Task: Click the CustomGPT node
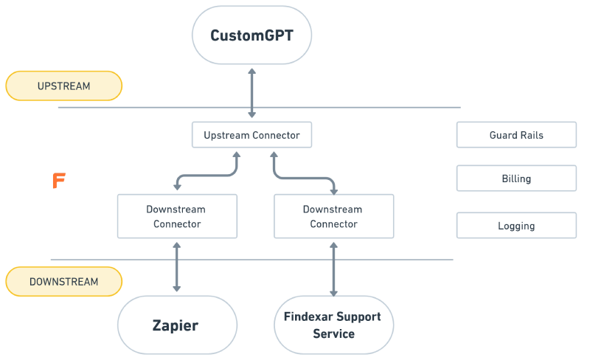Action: coord(251,35)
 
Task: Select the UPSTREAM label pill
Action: coord(63,86)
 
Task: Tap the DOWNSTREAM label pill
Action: coord(63,281)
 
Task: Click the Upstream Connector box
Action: coord(251,135)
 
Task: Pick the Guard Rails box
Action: coord(516,135)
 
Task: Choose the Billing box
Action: coord(516,179)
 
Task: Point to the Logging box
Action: coord(516,226)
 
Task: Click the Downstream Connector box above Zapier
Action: coord(177,216)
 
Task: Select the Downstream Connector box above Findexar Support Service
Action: coord(333,216)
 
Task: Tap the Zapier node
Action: coord(177,325)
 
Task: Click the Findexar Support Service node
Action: coord(333,325)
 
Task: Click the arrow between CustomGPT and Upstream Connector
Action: coord(252,92)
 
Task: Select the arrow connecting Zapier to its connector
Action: coord(177,266)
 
